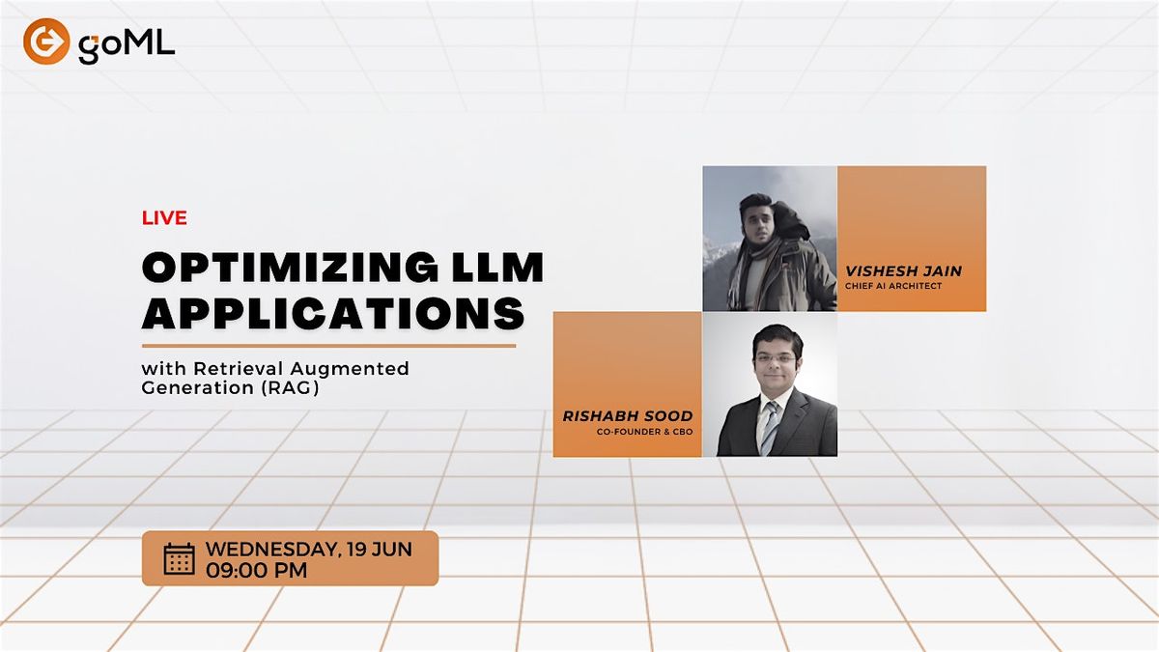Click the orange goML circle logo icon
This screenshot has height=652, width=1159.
[46, 42]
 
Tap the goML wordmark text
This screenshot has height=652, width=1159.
[127, 44]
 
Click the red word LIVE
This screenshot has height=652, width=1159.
[164, 218]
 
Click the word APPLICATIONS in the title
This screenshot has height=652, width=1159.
[333, 312]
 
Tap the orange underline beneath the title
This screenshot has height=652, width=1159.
[328, 345]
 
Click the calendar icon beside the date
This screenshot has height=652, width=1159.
[179, 558]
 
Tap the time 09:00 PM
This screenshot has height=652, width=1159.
[257, 571]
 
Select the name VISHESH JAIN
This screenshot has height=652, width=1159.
[903, 271]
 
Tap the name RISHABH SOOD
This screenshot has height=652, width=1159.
[628, 416]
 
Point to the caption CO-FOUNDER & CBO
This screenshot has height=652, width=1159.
[644, 432]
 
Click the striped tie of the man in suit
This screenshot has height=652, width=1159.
[769, 427]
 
